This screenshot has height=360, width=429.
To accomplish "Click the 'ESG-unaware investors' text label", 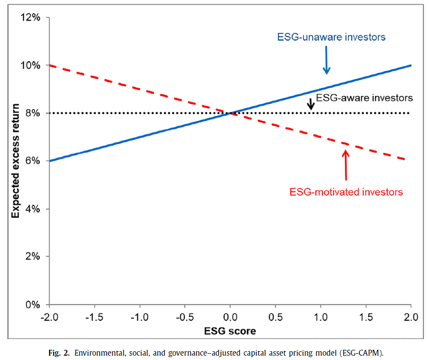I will pos(331,37).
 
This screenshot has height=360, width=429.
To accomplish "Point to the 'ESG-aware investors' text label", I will pos(364,98).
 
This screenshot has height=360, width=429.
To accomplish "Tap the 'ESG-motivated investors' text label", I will pos(346,192).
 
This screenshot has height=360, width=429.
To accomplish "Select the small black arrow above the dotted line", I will pos(310,104).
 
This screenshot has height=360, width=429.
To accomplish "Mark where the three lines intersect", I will pos(231,113).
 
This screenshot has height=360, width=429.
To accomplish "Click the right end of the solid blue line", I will pos(411,65).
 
